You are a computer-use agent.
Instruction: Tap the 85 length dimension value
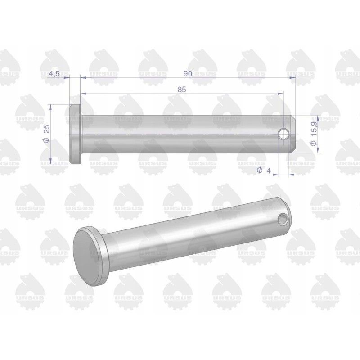tap(182, 90)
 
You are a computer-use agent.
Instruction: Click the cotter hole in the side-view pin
tap(283, 134)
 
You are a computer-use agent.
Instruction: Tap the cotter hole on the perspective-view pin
tap(283, 219)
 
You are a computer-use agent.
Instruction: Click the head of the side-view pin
tap(75, 134)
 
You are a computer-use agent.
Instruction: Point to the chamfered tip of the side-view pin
tap(293, 134)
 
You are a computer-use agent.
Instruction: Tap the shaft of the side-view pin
tap(180, 134)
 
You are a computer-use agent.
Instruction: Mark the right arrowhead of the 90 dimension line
tap(293, 78)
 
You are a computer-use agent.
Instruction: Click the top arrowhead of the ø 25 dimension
tap(51, 107)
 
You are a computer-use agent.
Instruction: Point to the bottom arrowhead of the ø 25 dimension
tap(51, 162)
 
